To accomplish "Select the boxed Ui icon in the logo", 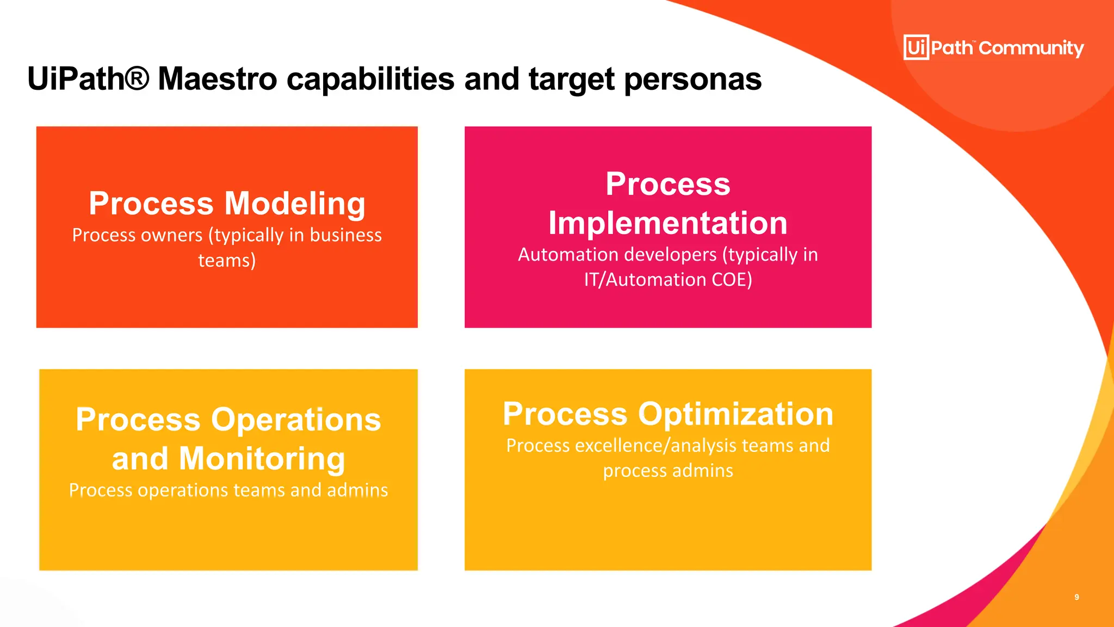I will (916, 47).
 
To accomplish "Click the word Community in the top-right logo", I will (1031, 48).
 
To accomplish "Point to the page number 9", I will (1076, 597).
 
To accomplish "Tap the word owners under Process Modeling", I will (170, 235).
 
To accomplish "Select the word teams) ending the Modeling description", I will (227, 260).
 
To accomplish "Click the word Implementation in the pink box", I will (667, 223).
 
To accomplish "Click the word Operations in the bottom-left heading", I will (296, 420).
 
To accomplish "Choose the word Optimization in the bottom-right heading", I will (735, 414).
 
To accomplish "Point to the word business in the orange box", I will (345, 235).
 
